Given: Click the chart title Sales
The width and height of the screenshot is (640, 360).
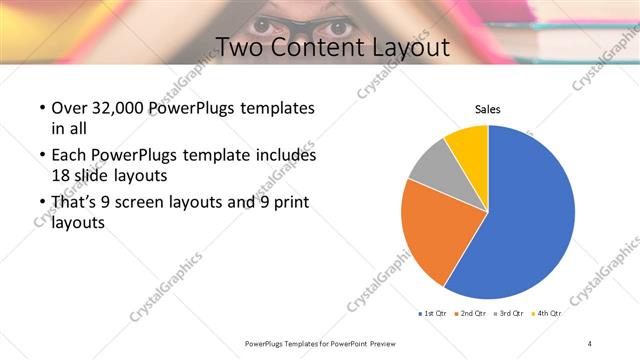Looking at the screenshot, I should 487,109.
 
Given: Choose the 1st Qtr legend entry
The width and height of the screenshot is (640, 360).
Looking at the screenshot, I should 433,313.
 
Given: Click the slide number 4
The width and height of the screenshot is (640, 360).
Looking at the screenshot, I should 590,343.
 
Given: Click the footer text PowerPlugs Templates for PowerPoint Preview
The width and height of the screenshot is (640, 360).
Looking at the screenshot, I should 320,343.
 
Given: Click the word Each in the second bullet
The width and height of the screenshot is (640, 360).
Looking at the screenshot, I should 70,155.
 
